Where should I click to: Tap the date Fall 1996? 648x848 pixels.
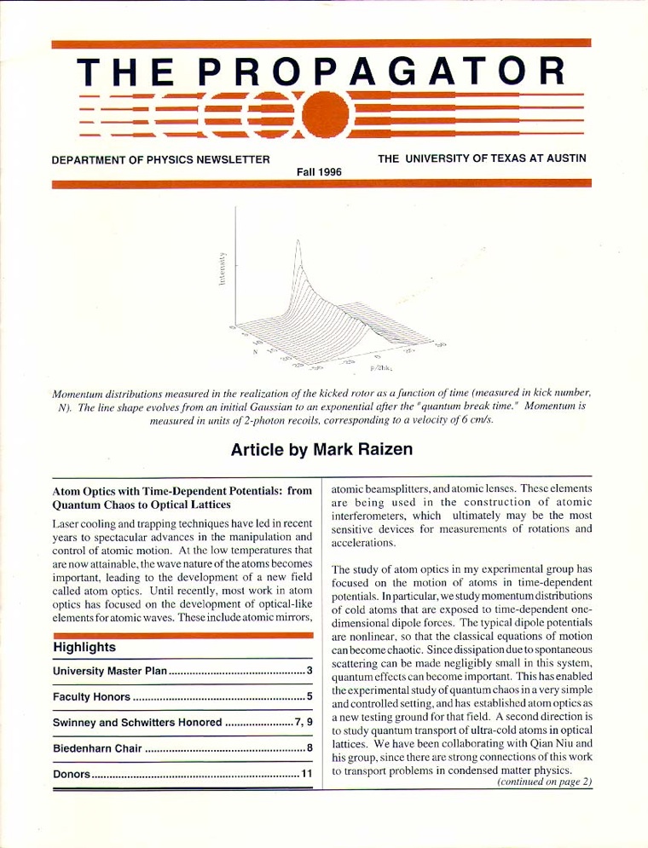(319, 171)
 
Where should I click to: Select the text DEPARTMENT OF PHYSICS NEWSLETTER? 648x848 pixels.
(161, 159)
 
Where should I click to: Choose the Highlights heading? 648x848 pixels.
(84, 647)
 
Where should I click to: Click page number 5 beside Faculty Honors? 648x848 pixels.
(310, 698)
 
